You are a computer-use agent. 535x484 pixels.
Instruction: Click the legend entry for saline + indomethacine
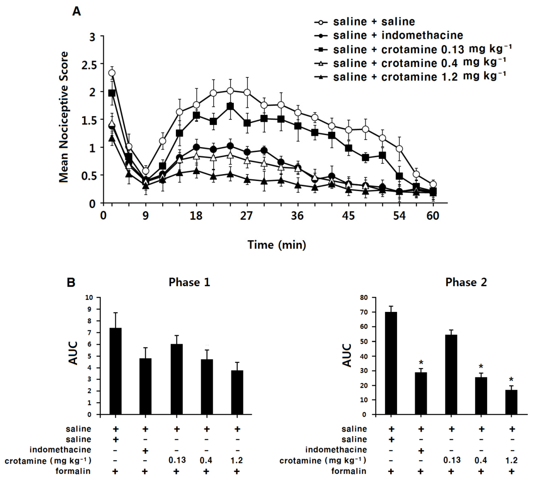click(398, 35)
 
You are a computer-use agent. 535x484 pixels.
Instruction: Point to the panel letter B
click(71, 282)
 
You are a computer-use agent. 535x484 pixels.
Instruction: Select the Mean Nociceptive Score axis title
click(64, 117)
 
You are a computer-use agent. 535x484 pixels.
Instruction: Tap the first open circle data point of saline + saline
click(112, 73)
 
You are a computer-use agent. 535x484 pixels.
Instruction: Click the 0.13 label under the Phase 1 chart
click(177, 460)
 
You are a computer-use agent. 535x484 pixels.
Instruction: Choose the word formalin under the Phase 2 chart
click(349, 471)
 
